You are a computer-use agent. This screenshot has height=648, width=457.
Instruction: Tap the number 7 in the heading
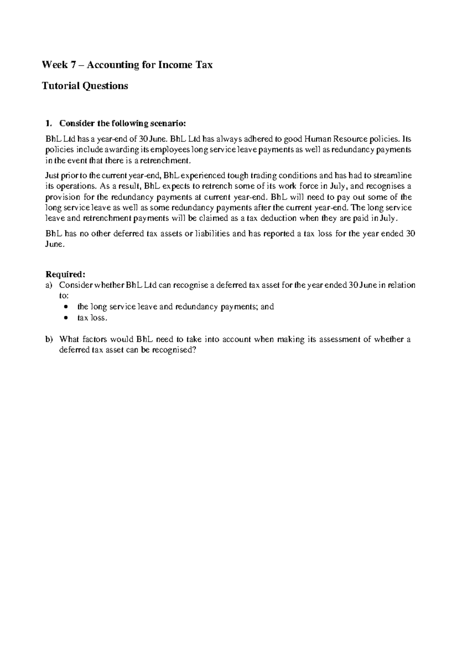pyautogui.click(x=74, y=65)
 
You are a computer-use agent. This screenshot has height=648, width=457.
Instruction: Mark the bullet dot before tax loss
pyautogui.click(x=67, y=318)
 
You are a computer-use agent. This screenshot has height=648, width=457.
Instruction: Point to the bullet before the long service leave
pyautogui.click(x=67, y=307)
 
